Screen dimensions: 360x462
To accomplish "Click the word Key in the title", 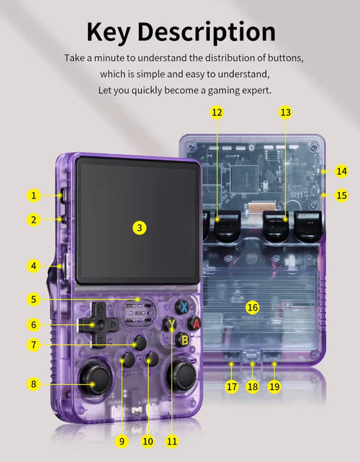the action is (108, 32).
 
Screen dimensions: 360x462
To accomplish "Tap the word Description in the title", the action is (207, 32).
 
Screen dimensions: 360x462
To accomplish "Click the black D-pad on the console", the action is (99, 324).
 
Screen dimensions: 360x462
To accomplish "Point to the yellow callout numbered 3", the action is (140, 228).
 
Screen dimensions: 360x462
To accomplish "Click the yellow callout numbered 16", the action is (252, 307).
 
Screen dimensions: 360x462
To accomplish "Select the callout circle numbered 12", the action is (217, 112).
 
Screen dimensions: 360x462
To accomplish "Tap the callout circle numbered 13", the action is (286, 112).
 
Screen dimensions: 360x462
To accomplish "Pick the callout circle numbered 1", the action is (34, 195).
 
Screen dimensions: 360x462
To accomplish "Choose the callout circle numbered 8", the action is (34, 384).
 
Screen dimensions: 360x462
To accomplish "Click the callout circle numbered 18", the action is (253, 386).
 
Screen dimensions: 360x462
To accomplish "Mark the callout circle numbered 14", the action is (341, 172).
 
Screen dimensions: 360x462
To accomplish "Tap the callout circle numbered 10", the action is (148, 441).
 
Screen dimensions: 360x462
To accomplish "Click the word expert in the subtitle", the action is (256, 91).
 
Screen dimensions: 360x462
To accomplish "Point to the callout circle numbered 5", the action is (34, 299).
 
